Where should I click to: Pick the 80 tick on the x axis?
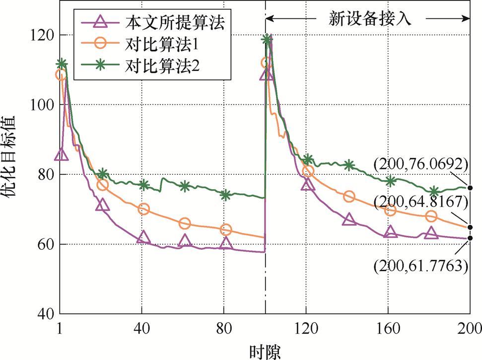224,329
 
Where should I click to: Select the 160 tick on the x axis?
389,329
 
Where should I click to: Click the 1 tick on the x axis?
60,329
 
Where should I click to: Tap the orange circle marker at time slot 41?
144,209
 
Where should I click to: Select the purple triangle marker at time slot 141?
349,219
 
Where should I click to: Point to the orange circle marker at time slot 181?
431,216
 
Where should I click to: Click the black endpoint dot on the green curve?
470,188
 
